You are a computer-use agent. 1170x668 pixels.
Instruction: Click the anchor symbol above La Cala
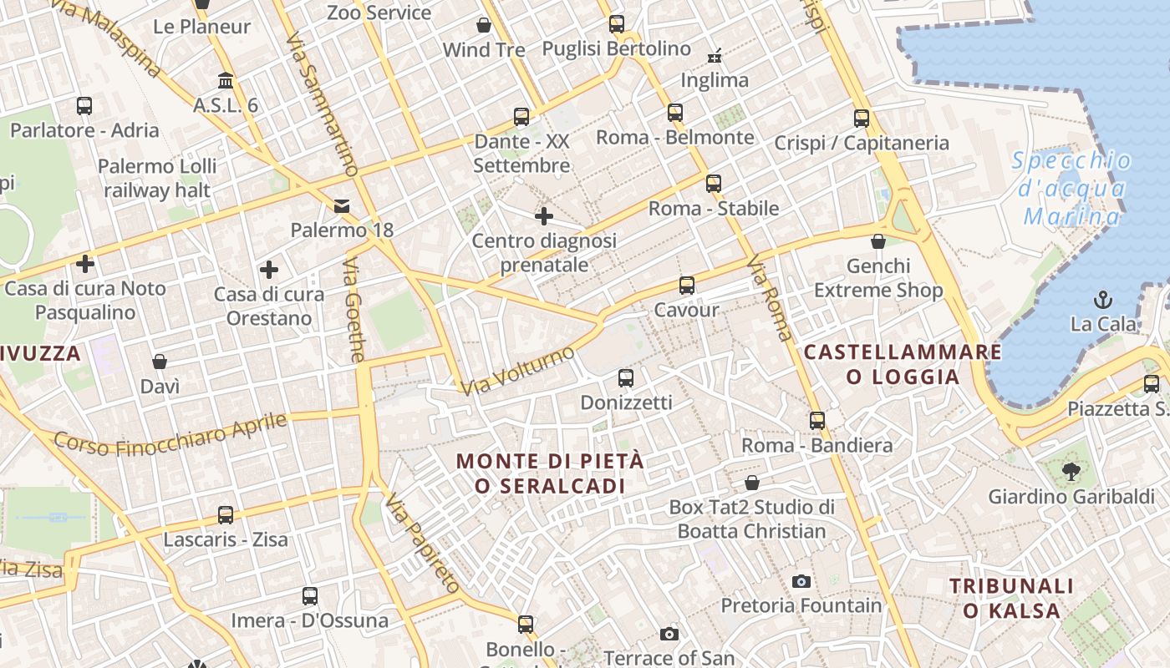[x=1103, y=299]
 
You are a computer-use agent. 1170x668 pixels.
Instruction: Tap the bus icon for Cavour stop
[x=687, y=286]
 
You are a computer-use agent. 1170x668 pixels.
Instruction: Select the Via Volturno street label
[x=518, y=371]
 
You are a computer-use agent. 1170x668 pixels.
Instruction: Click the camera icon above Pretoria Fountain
[x=801, y=581]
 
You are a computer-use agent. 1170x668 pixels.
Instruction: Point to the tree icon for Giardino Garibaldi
[x=1071, y=472]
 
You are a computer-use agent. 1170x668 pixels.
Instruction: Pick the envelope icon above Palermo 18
[x=342, y=206]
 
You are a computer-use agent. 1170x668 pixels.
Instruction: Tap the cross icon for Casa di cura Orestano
[x=268, y=270]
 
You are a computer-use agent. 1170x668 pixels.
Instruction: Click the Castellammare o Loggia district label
[x=903, y=364]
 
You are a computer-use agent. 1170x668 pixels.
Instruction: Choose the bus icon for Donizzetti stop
[x=626, y=378]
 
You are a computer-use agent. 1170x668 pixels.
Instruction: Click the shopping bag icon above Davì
[x=160, y=362]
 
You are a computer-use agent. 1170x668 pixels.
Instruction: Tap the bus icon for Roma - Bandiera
[x=817, y=421]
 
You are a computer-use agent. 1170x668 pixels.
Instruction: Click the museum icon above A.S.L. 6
[x=226, y=81]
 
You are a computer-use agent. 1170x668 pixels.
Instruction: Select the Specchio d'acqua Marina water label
[x=1072, y=189]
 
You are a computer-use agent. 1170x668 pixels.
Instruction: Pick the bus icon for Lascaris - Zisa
[x=226, y=515]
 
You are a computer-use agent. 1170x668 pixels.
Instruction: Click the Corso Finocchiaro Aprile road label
[x=170, y=436]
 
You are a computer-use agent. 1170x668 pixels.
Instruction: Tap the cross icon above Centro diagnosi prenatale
[x=544, y=217]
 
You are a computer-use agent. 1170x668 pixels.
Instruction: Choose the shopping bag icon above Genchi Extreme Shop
[x=878, y=242]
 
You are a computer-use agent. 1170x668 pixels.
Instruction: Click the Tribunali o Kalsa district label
[x=1011, y=598]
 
